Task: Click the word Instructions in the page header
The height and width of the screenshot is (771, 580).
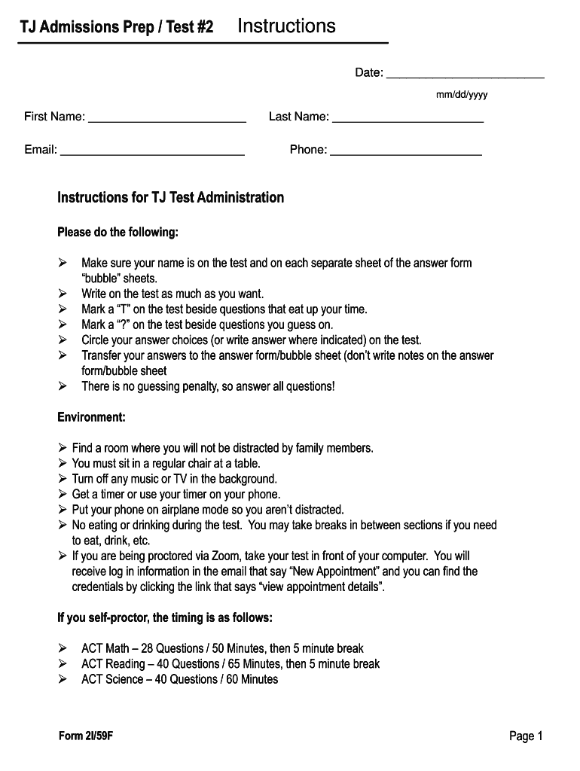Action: (286, 26)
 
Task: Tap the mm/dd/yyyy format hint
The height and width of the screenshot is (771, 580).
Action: (462, 95)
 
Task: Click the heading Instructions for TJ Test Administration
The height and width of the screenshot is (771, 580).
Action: (171, 198)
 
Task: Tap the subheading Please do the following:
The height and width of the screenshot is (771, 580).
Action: (118, 232)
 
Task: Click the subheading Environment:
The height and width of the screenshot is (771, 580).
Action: (91, 417)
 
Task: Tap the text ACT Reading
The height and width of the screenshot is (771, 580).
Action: (113, 664)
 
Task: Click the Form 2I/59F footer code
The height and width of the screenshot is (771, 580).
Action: (86, 736)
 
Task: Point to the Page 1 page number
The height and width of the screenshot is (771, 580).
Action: (526, 736)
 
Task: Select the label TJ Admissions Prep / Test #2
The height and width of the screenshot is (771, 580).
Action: (117, 28)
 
